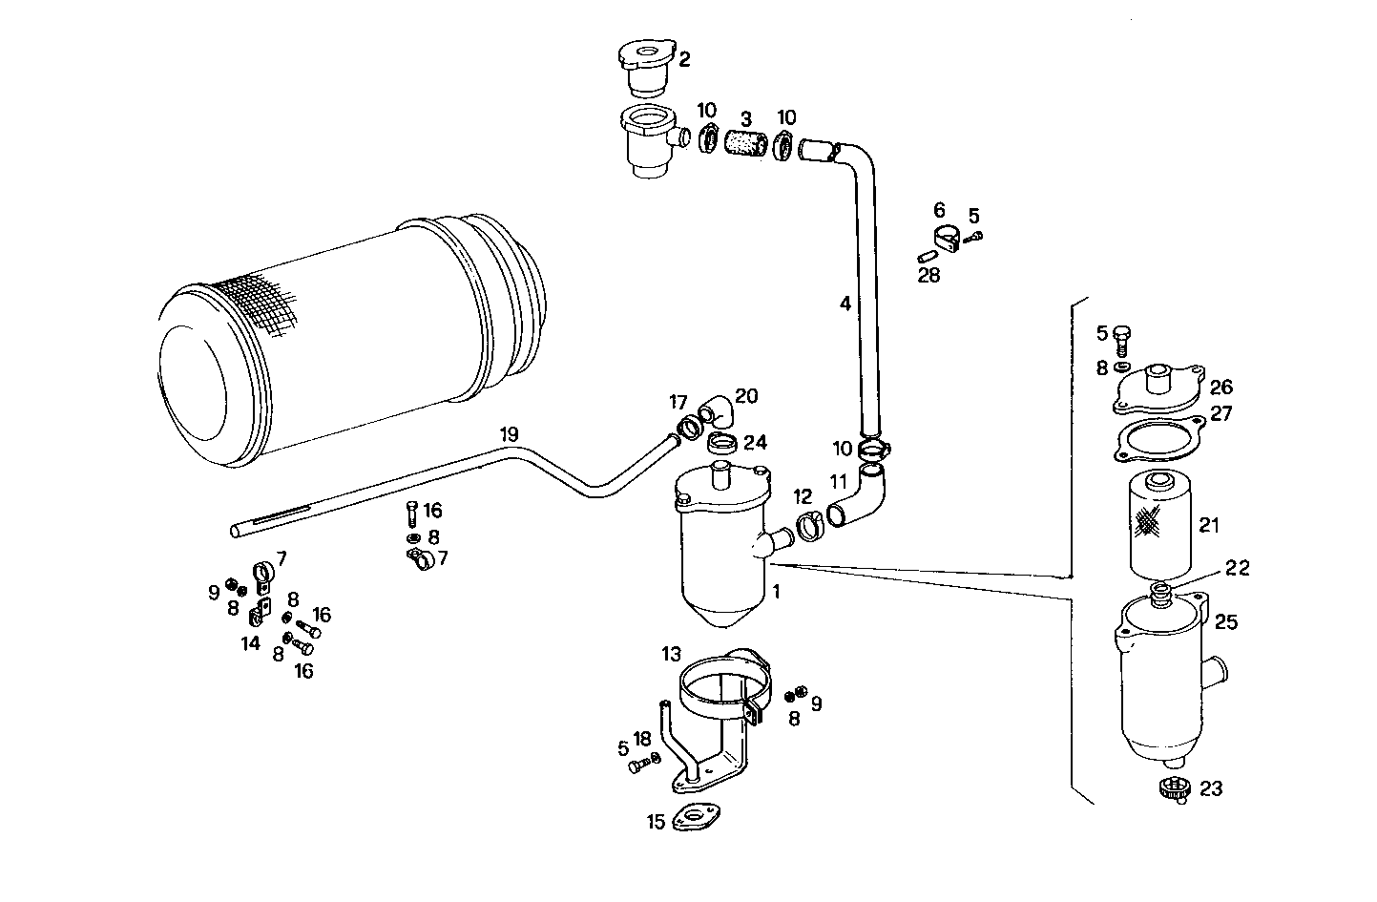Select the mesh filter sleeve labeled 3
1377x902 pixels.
[746, 143]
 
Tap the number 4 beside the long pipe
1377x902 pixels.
[845, 304]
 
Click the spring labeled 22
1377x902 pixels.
[1161, 595]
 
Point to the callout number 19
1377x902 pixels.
[510, 435]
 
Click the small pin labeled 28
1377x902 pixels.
[927, 257]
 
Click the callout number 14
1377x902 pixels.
[250, 643]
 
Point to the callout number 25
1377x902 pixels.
[1226, 622]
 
